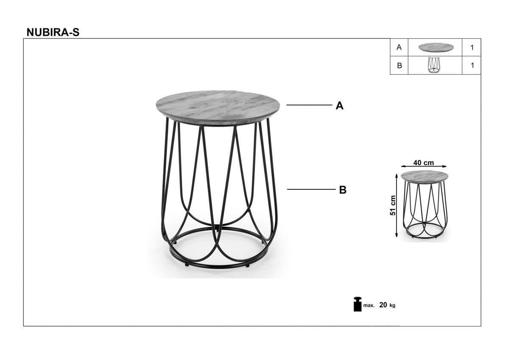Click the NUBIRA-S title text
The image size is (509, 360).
point(53,32)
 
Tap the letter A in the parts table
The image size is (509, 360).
point(399,47)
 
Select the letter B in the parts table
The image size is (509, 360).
point(399,65)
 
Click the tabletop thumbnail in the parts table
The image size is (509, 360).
point(436,47)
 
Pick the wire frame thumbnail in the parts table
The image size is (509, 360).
point(434,65)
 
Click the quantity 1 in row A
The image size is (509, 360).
point(472,48)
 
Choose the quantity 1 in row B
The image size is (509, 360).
point(472,65)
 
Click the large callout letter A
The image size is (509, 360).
point(339,106)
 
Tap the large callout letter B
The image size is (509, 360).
point(343,190)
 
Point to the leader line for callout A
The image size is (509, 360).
point(309,105)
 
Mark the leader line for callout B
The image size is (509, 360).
point(311,189)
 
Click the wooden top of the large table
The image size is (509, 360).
point(218,108)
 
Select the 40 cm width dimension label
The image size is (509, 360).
point(424,163)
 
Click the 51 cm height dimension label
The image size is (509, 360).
point(393,205)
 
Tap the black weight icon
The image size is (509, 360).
point(358,304)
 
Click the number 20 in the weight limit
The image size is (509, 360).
point(383,305)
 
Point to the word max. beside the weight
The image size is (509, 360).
point(369,305)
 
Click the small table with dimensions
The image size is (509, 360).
point(424,205)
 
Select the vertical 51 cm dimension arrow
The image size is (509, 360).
point(397,205)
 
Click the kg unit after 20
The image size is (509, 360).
point(392,305)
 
